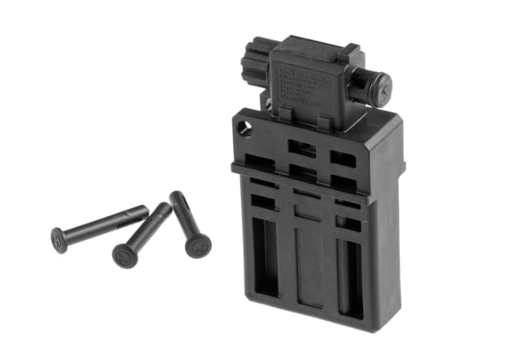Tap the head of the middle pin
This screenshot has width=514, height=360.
pyautogui.click(x=125, y=255)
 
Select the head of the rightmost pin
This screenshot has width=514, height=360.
pyautogui.click(x=198, y=245)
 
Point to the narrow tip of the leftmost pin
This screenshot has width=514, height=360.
pyautogui.click(x=144, y=209)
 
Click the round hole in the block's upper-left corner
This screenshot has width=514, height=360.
pyautogui.click(x=247, y=129)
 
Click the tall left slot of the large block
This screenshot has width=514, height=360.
pyautogui.click(x=266, y=257)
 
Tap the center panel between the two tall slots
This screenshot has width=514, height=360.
pyautogui.click(x=306, y=265)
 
